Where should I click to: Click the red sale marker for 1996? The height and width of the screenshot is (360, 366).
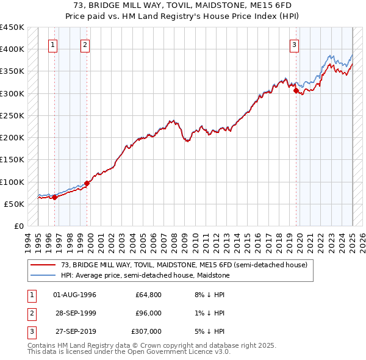(x=54, y=197)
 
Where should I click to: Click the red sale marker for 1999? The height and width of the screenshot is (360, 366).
(x=87, y=183)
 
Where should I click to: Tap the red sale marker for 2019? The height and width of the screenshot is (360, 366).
(x=296, y=90)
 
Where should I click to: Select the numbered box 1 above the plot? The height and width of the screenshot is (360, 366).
(x=53, y=44)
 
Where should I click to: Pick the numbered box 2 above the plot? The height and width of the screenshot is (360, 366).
(x=85, y=44)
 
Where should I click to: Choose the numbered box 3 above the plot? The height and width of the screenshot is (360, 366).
(x=294, y=44)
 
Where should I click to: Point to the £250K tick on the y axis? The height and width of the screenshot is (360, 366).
(x=13, y=115)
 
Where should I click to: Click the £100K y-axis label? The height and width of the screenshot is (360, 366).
(x=13, y=182)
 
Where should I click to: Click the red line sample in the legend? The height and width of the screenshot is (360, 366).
(x=43, y=265)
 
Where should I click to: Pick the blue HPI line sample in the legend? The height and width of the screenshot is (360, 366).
(x=43, y=275)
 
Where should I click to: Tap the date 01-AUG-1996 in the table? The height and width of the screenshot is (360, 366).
(x=75, y=295)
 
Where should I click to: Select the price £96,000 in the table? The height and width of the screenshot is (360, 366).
(x=149, y=313)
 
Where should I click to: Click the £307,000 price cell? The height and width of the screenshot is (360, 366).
(x=147, y=331)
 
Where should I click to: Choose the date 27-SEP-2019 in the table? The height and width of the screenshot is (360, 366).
(x=75, y=331)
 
